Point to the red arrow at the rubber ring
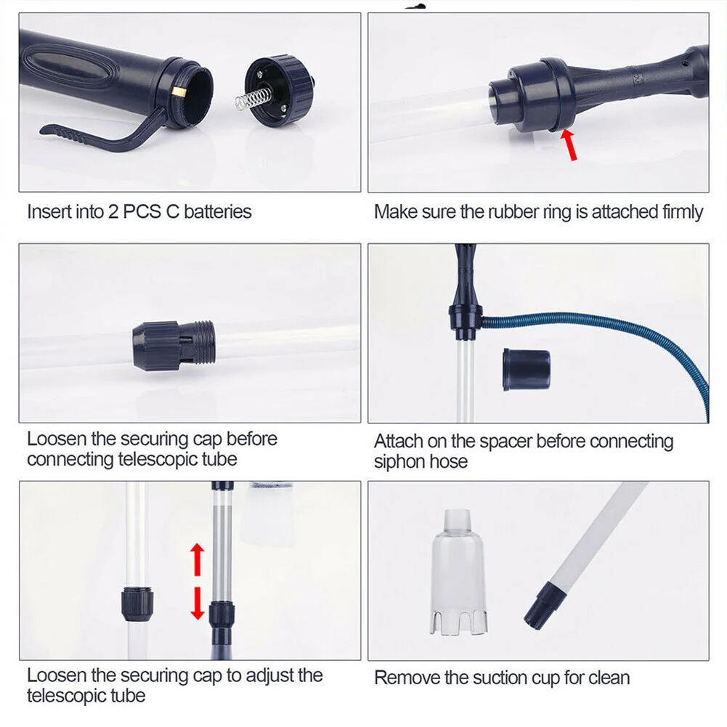(569, 145)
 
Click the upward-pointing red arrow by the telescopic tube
(198, 559)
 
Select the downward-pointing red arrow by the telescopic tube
(198, 604)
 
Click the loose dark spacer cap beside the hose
(527, 370)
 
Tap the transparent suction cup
(458, 572)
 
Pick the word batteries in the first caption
(217, 212)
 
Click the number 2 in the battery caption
(113, 212)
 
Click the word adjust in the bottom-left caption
(271, 676)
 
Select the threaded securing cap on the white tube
(174, 345)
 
